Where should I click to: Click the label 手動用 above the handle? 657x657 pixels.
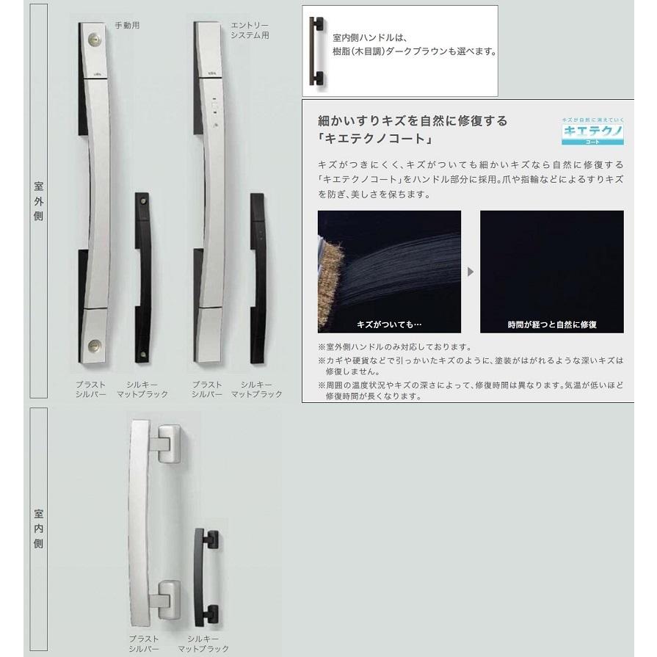pyautogui.click(x=126, y=25)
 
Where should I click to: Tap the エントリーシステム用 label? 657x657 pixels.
pyautogui.click(x=250, y=30)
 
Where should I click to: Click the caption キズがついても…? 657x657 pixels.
pyautogui.click(x=390, y=324)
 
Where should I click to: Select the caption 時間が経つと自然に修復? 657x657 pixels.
pyautogui.click(x=551, y=324)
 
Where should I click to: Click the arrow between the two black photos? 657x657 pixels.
pyautogui.click(x=471, y=272)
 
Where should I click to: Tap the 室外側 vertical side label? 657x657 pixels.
pyautogui.click(x=40, y=206)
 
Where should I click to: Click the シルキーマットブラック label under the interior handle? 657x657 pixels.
pyautogui.click(x=203, y=645)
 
